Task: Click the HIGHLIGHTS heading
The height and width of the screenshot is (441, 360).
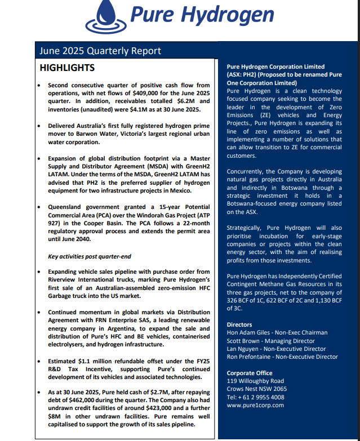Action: pyautogui.click(x=67, y=68)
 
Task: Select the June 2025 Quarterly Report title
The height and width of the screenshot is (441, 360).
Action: pyautogui.click(x=100, y=51)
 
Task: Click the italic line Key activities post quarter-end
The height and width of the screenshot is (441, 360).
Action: pyautogui.click(x=88, y=256)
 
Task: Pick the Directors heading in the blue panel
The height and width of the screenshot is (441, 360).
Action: pyautogui.click(x=239, y=325)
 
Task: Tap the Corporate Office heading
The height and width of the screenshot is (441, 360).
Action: pyautogui.click(x=250, y=373)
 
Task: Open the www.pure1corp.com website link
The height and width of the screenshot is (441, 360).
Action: pyautogui.click(x=255, y=404)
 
